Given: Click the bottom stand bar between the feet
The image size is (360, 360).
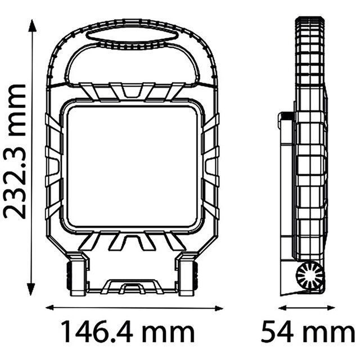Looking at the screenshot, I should point(133,288).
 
